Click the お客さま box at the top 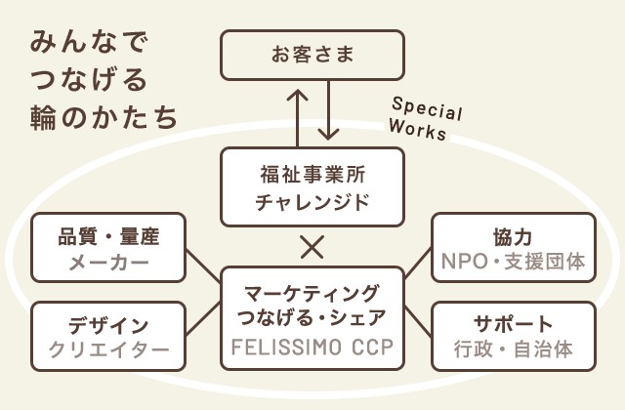click(x=312, y=54)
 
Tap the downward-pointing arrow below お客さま click(x=328, y=110)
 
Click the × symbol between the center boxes click(x=312, y=246)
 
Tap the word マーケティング click(x=312, y=292)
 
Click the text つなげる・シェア click(x=312, y=318)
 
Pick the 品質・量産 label click(x=109, y=236)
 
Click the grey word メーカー click(x=109, y=263)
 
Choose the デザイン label click(x=109, y=325)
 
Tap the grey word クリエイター click(x=109, y=350)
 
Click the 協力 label click(x=513, y=236)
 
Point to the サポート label click(x=513, y=324)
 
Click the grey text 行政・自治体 click(x=513, y=349)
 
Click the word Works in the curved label click(x=418, y=129)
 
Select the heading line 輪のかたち click(x=104, y=115)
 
